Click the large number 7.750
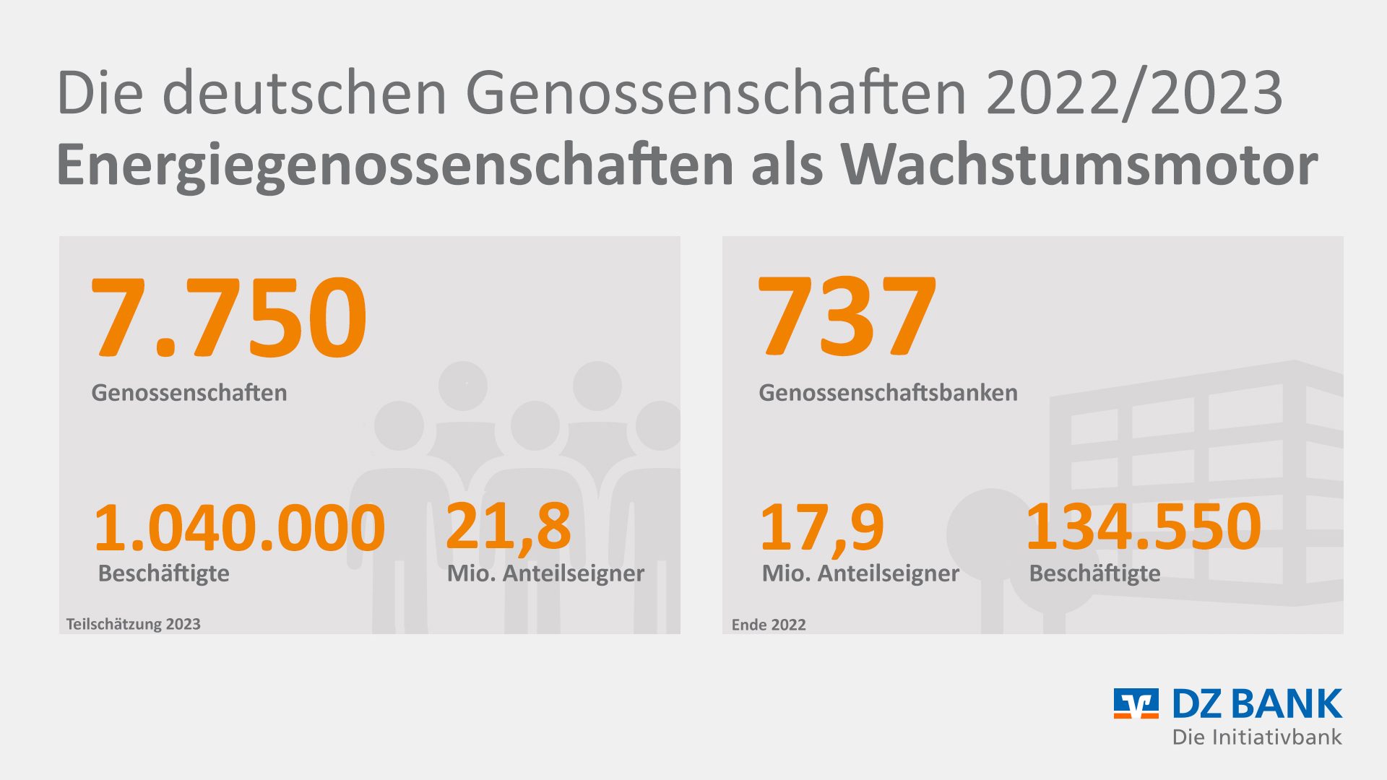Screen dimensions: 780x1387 (229, 318)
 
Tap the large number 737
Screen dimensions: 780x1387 (847, 318)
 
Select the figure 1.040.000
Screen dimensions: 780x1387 (239, 527)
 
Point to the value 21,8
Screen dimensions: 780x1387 (508, 527)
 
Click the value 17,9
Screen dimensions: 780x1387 (821, 527)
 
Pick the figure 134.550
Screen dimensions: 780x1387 (1143, 527)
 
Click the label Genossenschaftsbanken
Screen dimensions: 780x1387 (888, 393)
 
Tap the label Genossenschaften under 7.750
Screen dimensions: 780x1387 (189, 393)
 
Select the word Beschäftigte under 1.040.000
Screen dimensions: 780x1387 (163, 573)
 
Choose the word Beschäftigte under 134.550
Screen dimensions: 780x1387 (1094, 573)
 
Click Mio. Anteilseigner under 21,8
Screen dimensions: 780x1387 (545, 573)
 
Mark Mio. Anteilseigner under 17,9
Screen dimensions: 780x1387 (860, 573)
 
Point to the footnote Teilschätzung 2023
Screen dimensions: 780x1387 (134, 624)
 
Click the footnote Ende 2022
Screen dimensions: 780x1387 (769, 625)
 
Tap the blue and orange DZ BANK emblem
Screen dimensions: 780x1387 (1136, 703)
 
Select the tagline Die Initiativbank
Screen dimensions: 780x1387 (1257, 737)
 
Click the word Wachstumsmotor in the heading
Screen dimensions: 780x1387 (1079, 165)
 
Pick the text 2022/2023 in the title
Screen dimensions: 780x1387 (1134, 92)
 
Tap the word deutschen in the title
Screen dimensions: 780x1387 (304, 92)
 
